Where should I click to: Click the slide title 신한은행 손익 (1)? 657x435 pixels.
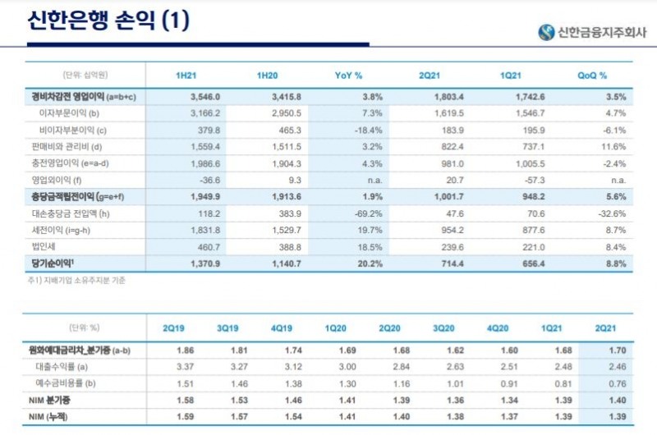coord(108,21)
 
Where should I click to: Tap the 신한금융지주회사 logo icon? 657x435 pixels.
coord(546,33)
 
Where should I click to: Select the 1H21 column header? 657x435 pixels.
coord(186,76)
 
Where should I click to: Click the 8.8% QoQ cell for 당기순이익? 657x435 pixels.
coord(616,263)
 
